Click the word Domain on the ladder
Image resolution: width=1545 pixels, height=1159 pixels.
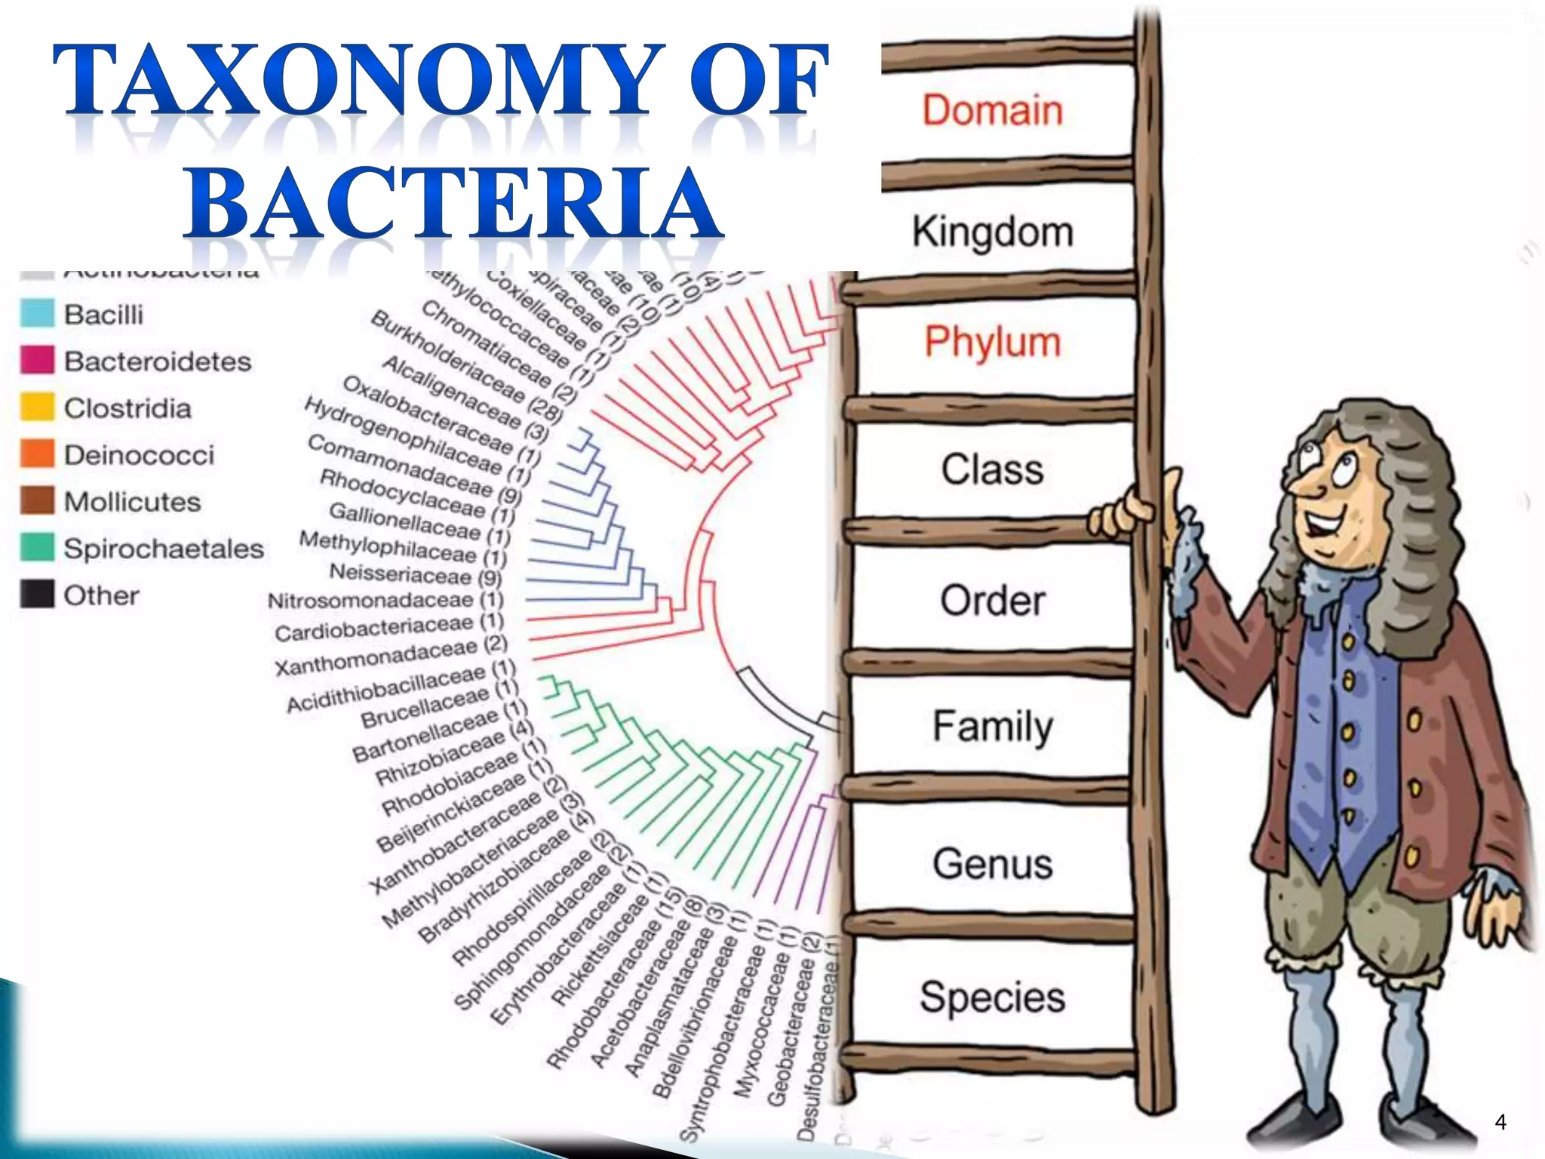click(992, 110)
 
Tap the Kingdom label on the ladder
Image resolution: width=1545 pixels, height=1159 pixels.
click(992, 231)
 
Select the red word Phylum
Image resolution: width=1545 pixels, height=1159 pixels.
click(992, 341)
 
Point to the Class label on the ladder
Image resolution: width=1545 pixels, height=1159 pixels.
click(992, 469)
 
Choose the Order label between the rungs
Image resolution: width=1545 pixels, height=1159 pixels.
click(992, 601)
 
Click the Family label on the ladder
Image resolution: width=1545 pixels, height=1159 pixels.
click(992, 726)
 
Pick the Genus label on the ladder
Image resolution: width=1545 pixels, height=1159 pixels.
click(992, 863)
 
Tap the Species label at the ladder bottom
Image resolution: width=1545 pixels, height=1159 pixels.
click(992, 996)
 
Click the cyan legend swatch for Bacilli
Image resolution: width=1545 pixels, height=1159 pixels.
click(37, 314)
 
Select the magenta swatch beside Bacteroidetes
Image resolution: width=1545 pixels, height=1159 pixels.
click(37, 361)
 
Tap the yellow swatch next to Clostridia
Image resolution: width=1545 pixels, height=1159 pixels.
click(37, 407)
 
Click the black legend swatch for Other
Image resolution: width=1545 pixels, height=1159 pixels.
click(37, 595)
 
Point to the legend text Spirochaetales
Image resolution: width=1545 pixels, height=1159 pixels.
click(164, 549)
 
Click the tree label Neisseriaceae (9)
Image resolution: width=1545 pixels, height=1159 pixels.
click(415, 575)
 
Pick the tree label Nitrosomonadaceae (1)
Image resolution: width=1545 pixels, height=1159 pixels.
click(385, 601)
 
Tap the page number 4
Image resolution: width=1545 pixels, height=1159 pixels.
click(1500, 1122)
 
